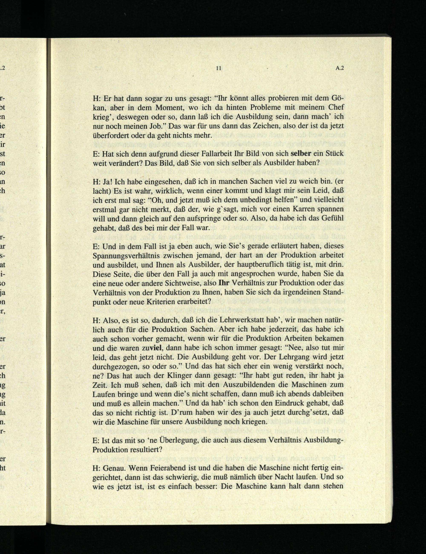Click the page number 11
[x=219, y=68]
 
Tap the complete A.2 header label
[x=339, y=68]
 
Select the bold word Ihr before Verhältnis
[x=224, y=283]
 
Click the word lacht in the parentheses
[x=101, y=191]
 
